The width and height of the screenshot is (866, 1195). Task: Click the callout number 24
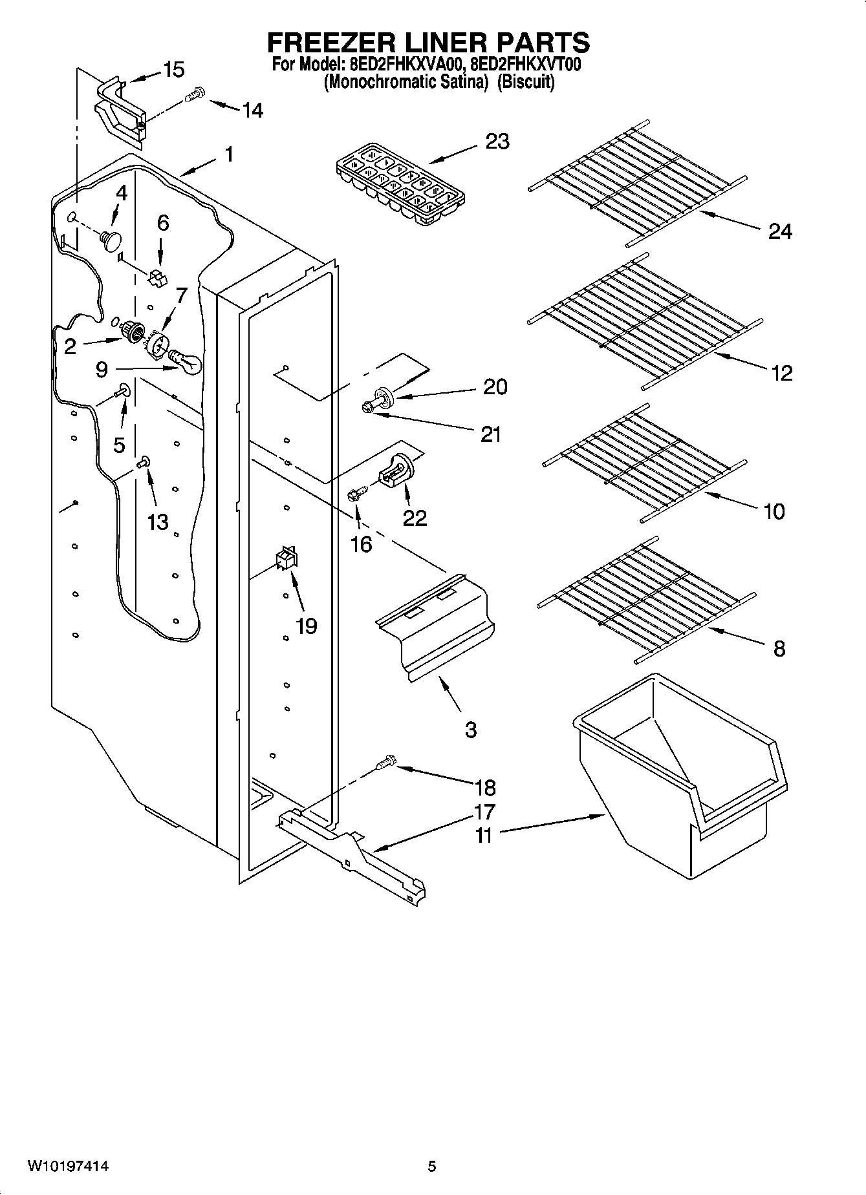click(x=780, y=231)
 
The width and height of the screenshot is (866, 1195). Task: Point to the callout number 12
click(x=782, y=373)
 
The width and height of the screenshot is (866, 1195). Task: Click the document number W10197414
click(x=67, y=1167)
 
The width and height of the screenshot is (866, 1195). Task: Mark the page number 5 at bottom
click(x=432, y=1167)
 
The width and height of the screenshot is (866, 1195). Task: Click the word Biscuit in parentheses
click(x=525, y=83)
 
